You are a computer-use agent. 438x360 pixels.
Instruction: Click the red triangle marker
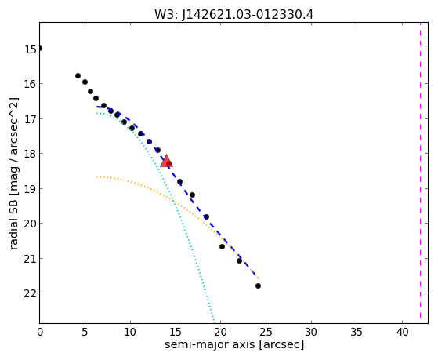pyautogui.click(x=166, y=161)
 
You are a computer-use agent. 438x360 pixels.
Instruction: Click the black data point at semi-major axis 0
pyautogui.click(x=39, y=49)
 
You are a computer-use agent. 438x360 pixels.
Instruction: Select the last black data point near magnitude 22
pyautogui.click(x=258, y=285)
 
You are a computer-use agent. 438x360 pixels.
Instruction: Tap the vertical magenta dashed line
pyautogui.click(x=420, y=171)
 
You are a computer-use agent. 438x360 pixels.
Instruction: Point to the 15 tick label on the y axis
pyautogui.click(x=31, y=49)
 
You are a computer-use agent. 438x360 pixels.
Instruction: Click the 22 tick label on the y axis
pyautogui.click(x=31, y=293)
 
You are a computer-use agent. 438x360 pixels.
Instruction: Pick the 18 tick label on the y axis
pyautogui.click(x=31, y=154)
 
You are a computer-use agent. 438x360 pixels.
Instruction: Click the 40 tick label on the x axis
pyautogui.click(x=402, y=332)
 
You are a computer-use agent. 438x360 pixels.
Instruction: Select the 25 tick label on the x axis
pyautogui.click(x=266, y=332)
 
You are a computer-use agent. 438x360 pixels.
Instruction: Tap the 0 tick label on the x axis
pyautogui.click(x=40, y=332)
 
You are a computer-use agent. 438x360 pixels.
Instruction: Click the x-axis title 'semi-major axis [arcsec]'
pyautogui.click(x=234, y=344)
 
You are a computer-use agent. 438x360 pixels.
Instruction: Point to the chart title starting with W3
pyautogui.click(x=234, y=14)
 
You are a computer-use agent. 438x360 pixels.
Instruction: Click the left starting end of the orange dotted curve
pyautogui.click(x=96, y=176)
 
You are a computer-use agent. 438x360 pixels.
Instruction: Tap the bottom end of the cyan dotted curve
pyautogui.click(x=214, y=322)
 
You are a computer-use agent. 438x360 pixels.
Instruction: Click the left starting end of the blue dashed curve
pyautogui.click(x=96, y=107)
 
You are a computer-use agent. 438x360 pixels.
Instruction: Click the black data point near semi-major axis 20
pyautogui.click(x=222, y=246)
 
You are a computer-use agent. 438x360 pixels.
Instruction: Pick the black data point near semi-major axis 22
pyautogui.click(x=240, y=260)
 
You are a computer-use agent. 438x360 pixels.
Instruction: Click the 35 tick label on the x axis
pyautogui.click(x=357, y=332)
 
